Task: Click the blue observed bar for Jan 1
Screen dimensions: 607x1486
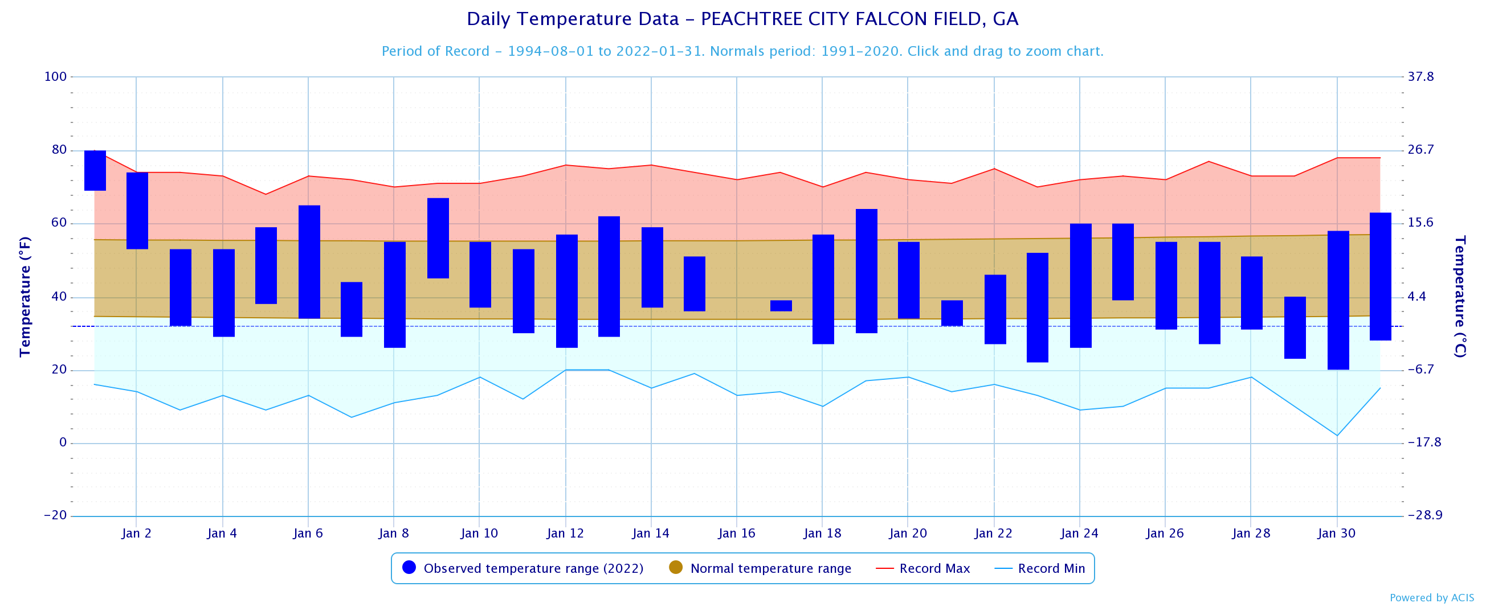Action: tap(95, 170)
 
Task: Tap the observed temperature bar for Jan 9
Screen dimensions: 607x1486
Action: tap(438, 238)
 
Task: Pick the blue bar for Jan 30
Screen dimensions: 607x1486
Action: tap(1338, 300)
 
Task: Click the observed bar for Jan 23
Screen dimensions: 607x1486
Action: tap(1037, 307)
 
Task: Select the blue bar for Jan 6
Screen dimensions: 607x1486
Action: tap(309, 262)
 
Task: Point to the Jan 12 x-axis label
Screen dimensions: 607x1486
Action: tap(565, 533)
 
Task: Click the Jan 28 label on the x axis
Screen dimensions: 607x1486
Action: tap(1251, 533)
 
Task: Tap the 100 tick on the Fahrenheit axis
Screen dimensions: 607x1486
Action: tap(55, 77)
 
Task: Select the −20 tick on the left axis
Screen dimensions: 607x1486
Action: tap(55, 515)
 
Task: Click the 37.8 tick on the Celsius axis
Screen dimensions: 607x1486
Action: tap(1420, 77)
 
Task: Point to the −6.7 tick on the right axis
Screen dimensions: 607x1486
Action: tap(1420, 370)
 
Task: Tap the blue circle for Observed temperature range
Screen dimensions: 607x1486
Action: tap(409, 567)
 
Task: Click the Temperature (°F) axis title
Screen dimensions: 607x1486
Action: tap(25, 296)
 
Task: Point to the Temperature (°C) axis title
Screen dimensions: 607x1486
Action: tap(1459, 296)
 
